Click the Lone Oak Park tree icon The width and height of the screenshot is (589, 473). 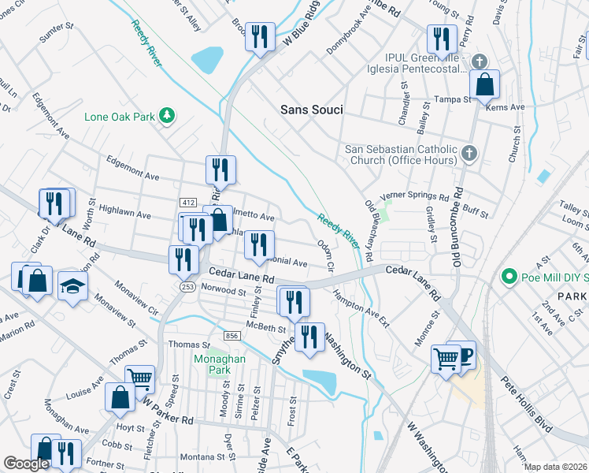(x=166, y=117)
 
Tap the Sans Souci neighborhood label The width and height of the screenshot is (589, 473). (x=312, y=110)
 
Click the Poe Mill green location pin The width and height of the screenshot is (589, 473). (x=509, y=277)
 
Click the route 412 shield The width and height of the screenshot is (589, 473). (x=187, y=203)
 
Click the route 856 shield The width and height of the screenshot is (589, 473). (x=232, y=336)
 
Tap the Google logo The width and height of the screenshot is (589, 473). (x=26, y=464)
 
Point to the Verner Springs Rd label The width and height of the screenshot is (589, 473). (x=414, y=197)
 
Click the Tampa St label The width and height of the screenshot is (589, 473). (x=454, y=100)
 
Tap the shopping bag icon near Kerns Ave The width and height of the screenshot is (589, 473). (x=486, y=84)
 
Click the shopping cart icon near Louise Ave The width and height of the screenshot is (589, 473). (x=139, y=378)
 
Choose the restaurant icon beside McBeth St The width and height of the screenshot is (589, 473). (x=309, y=337)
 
